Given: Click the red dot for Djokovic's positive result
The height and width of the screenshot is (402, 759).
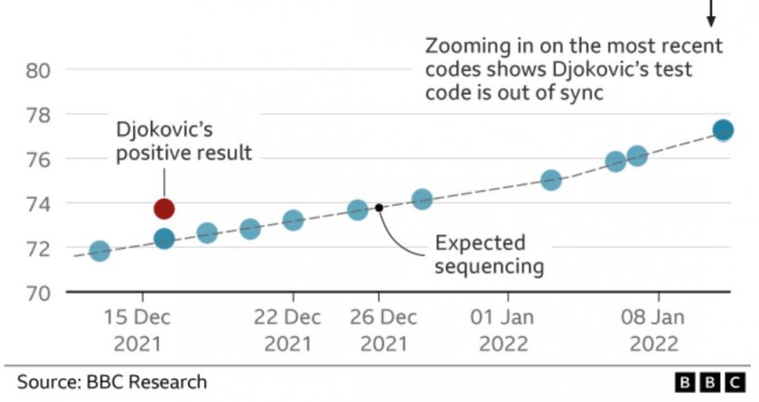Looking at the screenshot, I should pos(164,208).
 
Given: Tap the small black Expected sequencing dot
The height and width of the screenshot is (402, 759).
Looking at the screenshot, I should pos(379,207).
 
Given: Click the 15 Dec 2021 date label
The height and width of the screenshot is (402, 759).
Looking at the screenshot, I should pos(138,330).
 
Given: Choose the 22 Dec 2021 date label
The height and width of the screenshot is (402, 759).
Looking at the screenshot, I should pos(288,330).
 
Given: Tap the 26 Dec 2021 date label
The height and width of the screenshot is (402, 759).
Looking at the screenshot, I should pos(379,330).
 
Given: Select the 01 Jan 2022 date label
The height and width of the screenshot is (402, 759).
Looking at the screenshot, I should pos(503,330).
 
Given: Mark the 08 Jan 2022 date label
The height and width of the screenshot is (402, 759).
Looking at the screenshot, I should pos(653,330).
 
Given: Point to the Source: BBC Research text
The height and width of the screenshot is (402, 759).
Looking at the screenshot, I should pos(112,381).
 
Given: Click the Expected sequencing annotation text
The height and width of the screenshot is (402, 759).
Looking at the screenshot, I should pos(480,255).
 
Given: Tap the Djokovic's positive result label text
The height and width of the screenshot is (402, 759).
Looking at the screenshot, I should pos(183,141).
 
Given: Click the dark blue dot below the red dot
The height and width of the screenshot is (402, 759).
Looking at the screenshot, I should pos(164,239).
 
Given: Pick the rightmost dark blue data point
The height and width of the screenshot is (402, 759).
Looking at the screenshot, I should pos(723,130).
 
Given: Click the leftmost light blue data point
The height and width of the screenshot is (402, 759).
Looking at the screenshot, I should pos(99,251).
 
